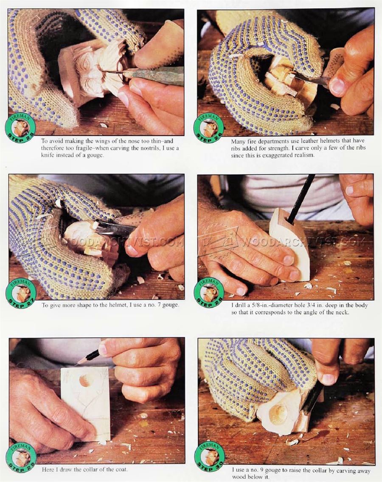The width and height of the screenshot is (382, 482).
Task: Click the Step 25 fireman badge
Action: (20, 128)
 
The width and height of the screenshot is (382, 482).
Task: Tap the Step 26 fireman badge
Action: (209, 128)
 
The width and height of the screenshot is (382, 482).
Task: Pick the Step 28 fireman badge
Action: (209, 293)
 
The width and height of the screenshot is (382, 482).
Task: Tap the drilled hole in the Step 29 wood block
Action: (84, 381)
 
